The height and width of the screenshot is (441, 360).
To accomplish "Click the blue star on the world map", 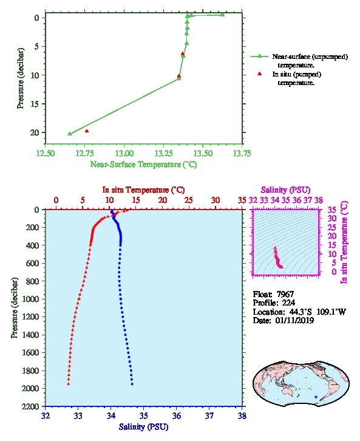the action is pos(316,397).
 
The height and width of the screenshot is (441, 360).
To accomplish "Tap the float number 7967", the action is pos(285,294).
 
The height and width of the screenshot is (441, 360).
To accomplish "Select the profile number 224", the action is pos(288,303).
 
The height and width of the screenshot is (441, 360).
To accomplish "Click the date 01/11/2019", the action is pos(294,320).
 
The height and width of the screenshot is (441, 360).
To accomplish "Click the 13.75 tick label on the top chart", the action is pos(242,153).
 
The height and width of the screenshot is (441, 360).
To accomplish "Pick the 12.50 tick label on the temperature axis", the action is pos(46,153).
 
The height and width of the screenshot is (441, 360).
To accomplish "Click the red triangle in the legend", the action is pos(260,73).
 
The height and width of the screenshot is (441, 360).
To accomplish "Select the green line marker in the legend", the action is pos(259,56).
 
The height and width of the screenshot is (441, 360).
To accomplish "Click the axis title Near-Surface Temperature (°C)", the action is pos(144,164).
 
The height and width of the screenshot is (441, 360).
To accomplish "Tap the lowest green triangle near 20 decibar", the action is pos(70,134).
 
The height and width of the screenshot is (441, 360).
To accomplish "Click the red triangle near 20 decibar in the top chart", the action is pos(87,131).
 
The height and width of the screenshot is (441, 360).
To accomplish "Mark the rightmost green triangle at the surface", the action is pos(223,15).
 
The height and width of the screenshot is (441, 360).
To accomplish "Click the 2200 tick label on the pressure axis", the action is pos(30,406).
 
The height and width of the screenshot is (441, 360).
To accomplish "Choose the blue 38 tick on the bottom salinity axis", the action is pos(242,415).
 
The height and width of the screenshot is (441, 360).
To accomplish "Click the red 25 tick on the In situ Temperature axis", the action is pos(189,200).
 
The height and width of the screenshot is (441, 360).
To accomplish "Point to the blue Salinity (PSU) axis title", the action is pos(144,426).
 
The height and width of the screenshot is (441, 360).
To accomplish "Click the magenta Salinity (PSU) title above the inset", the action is pos(285,190).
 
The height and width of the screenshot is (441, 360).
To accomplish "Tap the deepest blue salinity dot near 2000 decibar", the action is pos(132,384).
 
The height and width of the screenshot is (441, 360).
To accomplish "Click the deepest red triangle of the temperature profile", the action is pos(68,384).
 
